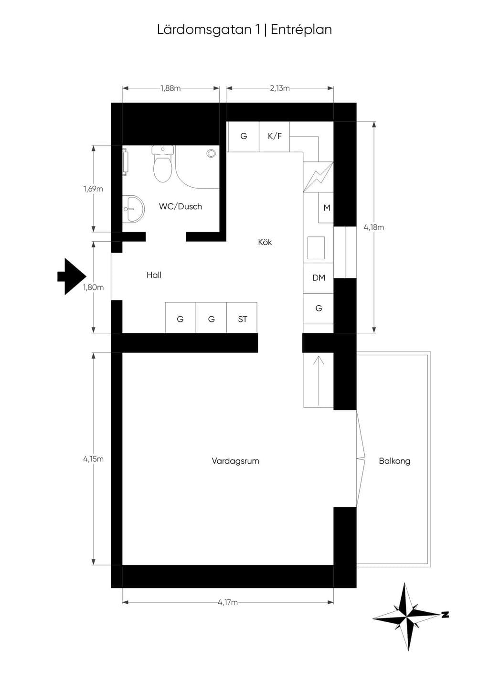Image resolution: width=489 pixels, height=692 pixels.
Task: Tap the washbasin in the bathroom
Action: tap(133, 209)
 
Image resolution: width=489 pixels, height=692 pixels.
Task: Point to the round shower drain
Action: tap(211, 153)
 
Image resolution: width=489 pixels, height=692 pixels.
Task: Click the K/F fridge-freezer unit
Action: tap(274, 137)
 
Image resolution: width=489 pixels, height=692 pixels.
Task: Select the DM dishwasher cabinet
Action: tap(318, 278)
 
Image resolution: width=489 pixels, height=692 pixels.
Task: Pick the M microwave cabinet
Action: tap(326, 208)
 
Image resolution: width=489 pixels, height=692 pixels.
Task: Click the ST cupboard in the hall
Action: tap(242, 318)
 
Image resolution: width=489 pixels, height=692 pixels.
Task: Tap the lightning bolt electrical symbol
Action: tap(319, 177)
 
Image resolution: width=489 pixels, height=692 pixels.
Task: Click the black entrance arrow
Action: tap(72, 277)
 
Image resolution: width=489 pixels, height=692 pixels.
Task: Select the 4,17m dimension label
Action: tap(228, 602)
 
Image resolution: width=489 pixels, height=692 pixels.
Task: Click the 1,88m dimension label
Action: tap(170, 88)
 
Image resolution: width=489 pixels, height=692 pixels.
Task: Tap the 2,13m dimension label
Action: tap(280, 88)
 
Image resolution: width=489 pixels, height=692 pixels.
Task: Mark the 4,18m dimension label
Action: tap(374, 227)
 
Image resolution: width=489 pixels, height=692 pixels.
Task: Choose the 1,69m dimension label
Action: tap(93, 189)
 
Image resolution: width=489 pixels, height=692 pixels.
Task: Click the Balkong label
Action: tap(394, 461)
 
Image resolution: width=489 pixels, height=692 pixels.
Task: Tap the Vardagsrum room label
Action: tap(235, 461)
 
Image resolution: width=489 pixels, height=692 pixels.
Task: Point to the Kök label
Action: tap(265, 242)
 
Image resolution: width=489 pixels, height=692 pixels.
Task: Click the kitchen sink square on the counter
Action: tap(316, 248)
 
